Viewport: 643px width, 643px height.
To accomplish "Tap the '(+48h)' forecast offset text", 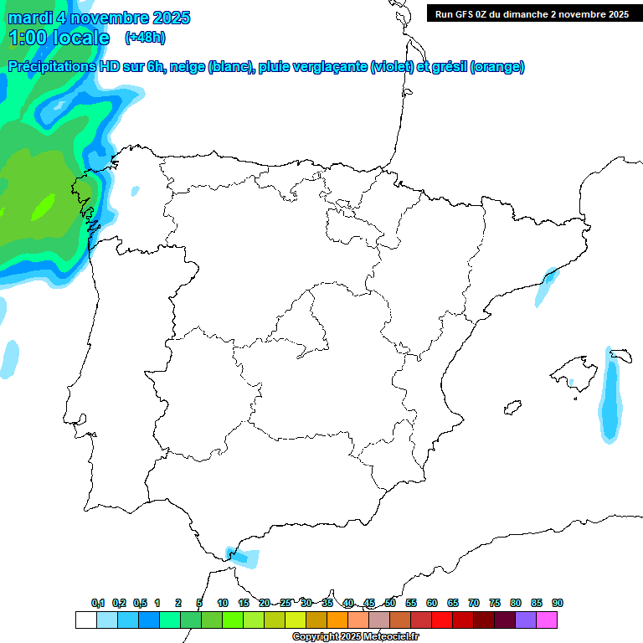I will click(x=145, y=38).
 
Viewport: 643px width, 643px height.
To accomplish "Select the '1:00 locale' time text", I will click(x=59, y=38).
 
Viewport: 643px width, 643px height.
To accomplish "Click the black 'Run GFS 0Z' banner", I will click(x=532, y=13).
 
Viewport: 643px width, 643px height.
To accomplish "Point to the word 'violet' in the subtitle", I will click(x=392, y=67).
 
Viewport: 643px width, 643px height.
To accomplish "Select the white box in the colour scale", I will click(x=85, y=620).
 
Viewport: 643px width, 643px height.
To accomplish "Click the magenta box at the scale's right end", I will click(x=547, y=620).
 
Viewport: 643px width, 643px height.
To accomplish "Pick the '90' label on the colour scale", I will click(x=558, y=603).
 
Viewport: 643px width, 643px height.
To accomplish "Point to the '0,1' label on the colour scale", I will click(x=98, y=603).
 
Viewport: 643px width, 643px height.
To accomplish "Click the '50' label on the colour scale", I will click(x=390, y=603).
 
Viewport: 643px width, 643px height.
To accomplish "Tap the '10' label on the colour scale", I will click(x=223, y=603).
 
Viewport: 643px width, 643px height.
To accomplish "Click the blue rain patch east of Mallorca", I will click(x=612, y=398).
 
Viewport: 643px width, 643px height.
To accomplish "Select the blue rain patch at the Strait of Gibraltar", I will click(x=244, y=556).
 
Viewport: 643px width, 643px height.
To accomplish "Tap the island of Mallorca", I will click(x=577, y=372).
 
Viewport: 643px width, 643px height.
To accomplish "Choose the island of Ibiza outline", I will click(x=512, y=408).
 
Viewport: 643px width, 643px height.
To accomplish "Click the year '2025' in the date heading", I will click(x=172, y=18).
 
